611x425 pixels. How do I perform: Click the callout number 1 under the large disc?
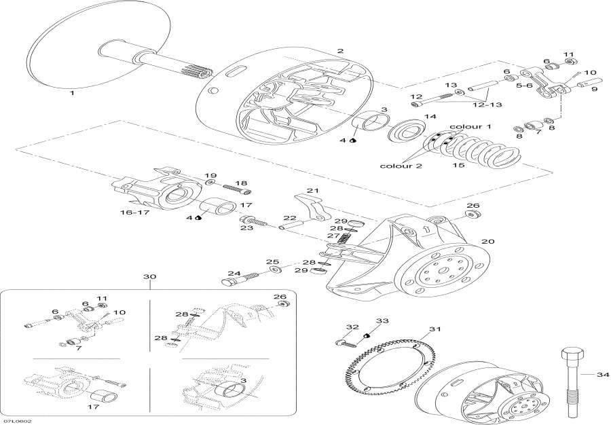coord(73,94)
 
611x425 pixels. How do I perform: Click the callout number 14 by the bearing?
coord(430,117)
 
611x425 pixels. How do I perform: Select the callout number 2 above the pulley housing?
coord(340,51)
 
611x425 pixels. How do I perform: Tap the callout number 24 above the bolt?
coord(234,274)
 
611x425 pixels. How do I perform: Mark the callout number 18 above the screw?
coord(241,183)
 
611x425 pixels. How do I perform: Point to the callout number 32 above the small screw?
coord(352,327)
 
